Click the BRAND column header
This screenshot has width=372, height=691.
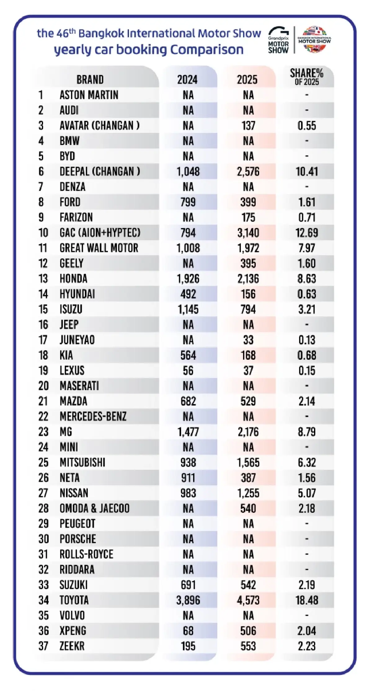pyautogui.click(x=90, y=80)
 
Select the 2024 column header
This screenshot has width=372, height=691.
pyautogui.click(x=187, y=80)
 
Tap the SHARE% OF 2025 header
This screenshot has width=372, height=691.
pyautogui.click(x=307, y=77)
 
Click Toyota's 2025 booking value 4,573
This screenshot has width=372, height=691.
pyautogui.click(x=248, y=601)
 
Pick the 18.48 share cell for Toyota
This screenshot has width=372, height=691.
pyautogui.click(x=307, y=601)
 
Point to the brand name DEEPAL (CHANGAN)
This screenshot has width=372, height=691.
pyautogui.click(x=100, y=171)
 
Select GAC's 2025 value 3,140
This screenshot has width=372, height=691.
pyautogui.click(x=248, y=233)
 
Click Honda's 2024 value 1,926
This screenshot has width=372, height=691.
pyautogui.click(x=188, y=279)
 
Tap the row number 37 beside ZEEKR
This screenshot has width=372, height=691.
pyautogui.click(x=43, y=646)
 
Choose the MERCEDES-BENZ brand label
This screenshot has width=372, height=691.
pyautogui.click(x=93, y=416)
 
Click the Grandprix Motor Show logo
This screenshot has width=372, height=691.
pyautogui.click(x=278, y=40)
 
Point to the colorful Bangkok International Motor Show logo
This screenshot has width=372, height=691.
pyautogui.click(x=314, y=40)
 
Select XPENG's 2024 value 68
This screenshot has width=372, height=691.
pyautogui.click(x=188, y=631)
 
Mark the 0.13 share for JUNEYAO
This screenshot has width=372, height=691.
pyautogui.click(x=307, y=340)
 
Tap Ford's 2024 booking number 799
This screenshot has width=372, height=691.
pyautogui.click(x=188, y=202)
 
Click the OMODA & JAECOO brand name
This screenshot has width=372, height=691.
pyautogui.click(x=95, y=508)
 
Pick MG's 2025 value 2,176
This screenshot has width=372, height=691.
pyautogui.click(x=248, y=432)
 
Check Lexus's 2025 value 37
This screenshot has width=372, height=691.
pyautogui.click(x=248, y=371)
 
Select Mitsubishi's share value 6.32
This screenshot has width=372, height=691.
pyautogui.click(x=307, y=463)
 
